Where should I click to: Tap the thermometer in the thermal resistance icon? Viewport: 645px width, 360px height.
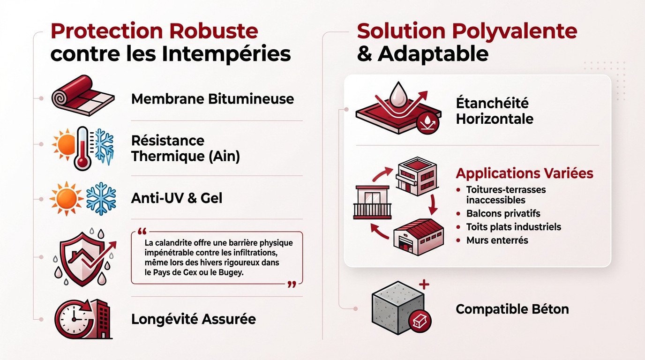[x=82, y=148]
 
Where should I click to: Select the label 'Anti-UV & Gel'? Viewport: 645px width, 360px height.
[x=177, y=198]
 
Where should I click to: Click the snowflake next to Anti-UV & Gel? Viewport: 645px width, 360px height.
[x=101, y=198]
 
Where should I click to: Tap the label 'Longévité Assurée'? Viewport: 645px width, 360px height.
[x=193, y=319]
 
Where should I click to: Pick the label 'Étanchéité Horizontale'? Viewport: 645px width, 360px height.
[x=495, y=111]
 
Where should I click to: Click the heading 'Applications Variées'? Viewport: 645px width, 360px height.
[x=524, y=173]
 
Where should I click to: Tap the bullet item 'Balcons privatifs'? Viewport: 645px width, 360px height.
[x=503, y=214]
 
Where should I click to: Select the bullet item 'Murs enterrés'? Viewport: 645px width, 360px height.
[x=497, y=240]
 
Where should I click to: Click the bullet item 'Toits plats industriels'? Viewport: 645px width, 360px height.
[x=513, y=227]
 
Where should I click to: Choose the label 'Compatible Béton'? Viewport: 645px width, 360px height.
[x=512, y=309]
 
